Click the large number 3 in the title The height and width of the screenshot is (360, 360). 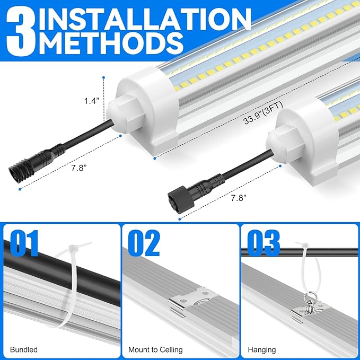point(20,31)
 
